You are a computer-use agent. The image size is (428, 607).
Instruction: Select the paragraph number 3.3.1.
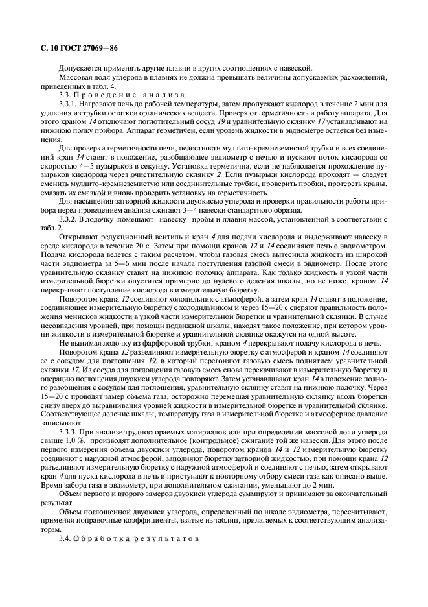click(70, 104)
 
